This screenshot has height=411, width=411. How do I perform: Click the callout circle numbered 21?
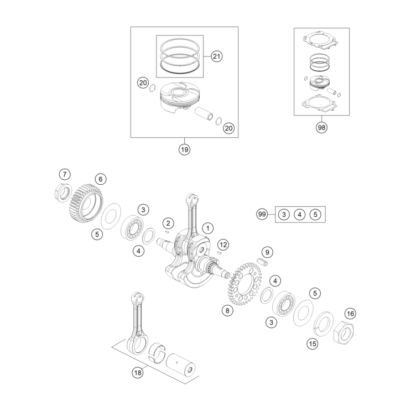216,56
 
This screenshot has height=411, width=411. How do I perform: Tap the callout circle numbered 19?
184,149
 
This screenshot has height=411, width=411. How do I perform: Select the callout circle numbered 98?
321,127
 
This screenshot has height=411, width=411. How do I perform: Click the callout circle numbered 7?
65,175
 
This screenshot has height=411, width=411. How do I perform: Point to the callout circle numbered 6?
100,179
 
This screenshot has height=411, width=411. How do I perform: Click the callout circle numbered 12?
222,244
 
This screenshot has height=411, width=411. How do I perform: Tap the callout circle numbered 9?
267,252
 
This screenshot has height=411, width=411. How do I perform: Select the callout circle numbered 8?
226,310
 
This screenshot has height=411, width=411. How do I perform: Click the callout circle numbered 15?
313,344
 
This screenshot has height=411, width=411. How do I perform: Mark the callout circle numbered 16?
350,313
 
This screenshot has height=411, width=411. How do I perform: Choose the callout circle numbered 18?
137,372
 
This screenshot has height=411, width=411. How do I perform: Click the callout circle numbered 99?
262,214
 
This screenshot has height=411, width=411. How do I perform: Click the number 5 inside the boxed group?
315,214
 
